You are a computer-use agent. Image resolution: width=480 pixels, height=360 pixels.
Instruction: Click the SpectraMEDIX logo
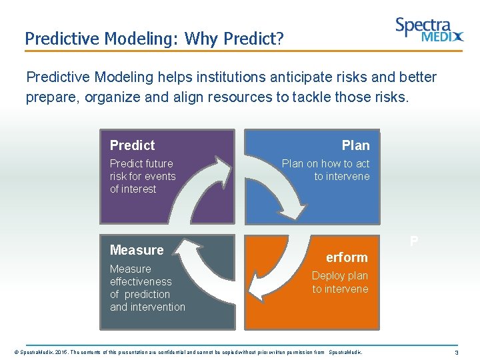(x=429, y=30)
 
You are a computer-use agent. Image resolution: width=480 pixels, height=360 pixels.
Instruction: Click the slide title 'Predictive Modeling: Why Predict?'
(x=154, y=39)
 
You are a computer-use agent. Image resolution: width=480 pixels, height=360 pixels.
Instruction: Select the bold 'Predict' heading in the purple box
(x=132, y=145)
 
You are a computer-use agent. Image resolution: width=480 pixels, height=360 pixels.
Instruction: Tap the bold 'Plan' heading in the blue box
(x=355, y=145)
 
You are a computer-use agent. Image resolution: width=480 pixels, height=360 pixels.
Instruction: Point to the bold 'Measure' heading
(x=137, y=250)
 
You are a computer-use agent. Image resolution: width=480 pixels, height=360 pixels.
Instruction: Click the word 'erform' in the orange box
(x=347, y=257)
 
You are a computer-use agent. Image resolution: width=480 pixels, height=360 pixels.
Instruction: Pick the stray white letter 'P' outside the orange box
(x=414, y=241)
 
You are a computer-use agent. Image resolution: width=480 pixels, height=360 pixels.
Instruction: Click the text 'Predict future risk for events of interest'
(x=143, y=176)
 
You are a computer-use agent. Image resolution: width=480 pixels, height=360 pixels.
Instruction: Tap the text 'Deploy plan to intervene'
(x=340, y=282)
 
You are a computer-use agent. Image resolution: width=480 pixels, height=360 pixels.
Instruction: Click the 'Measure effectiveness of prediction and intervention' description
(x=147, y=288)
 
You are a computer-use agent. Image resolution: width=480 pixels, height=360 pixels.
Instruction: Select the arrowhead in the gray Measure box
(x=191, y=254)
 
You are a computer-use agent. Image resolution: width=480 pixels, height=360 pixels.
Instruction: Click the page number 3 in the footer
(x=456, y=352)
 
